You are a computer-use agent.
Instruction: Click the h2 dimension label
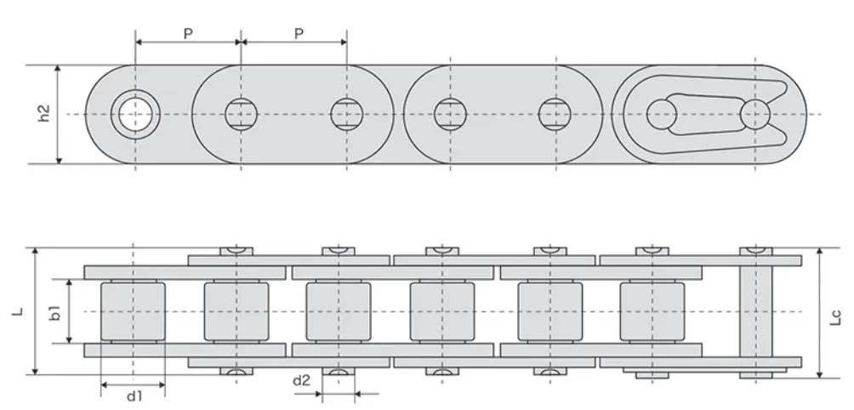pyautogui.click(x=44, y=113)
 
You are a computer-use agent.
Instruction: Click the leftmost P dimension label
pyautogui.click(x=188, y=33)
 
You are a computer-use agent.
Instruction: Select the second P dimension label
pyautogui.click(x=299, y=33)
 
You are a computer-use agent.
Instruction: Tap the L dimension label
pyautogui.click(x=18, y=312)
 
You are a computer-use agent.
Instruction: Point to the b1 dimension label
pyautogui.click(x=55, y=312)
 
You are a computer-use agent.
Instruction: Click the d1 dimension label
pyautogui.click(x=134, y=396)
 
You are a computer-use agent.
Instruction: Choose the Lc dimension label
pyautogui.click(x=835, y=318)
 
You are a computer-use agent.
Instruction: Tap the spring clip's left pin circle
pyautogui.click(x=661, y=114)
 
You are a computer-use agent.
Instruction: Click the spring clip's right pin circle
pyautogui.click(x=754, y=114)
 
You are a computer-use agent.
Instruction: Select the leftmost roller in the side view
pyautogui.click(x=133, y=312)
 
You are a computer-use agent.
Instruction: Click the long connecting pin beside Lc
pyautogui.click(x=754, y=312)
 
